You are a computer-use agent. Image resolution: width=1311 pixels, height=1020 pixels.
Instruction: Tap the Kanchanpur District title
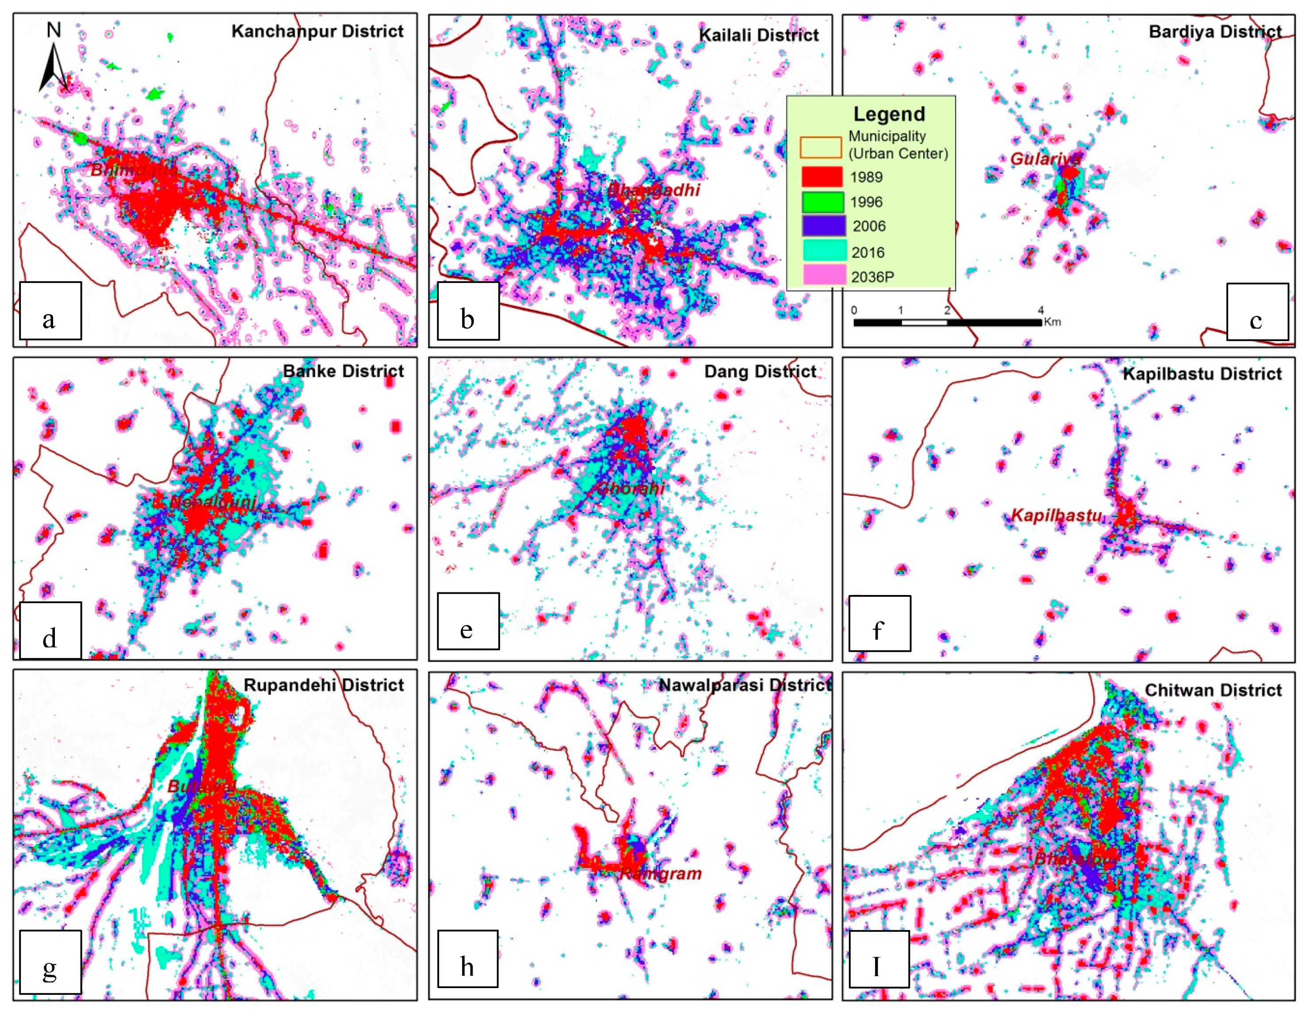317,31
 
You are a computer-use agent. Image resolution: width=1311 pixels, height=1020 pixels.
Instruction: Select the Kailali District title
758,35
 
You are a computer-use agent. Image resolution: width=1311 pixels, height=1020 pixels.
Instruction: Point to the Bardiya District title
1215,31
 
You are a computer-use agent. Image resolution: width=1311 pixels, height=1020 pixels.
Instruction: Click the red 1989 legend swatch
822,177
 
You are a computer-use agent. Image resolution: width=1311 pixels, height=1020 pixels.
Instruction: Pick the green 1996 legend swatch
822,202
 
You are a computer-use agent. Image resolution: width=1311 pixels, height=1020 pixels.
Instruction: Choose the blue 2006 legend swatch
823,226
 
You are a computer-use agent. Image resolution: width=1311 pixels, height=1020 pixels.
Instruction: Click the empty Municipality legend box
820,147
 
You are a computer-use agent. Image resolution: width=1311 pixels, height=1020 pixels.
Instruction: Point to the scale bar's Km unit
1052,322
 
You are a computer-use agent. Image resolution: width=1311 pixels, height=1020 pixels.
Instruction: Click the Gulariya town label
1045,159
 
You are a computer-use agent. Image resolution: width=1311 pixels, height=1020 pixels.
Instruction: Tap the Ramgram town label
660,873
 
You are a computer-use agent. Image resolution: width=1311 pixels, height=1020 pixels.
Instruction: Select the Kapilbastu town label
1057,515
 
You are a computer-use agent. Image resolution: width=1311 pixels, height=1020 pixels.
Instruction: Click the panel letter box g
50,962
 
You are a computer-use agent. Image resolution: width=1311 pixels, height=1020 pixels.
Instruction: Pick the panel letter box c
1257,312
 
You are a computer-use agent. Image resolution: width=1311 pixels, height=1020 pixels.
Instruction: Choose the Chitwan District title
1213,691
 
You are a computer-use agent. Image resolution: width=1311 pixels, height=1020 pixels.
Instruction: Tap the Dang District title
760,371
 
